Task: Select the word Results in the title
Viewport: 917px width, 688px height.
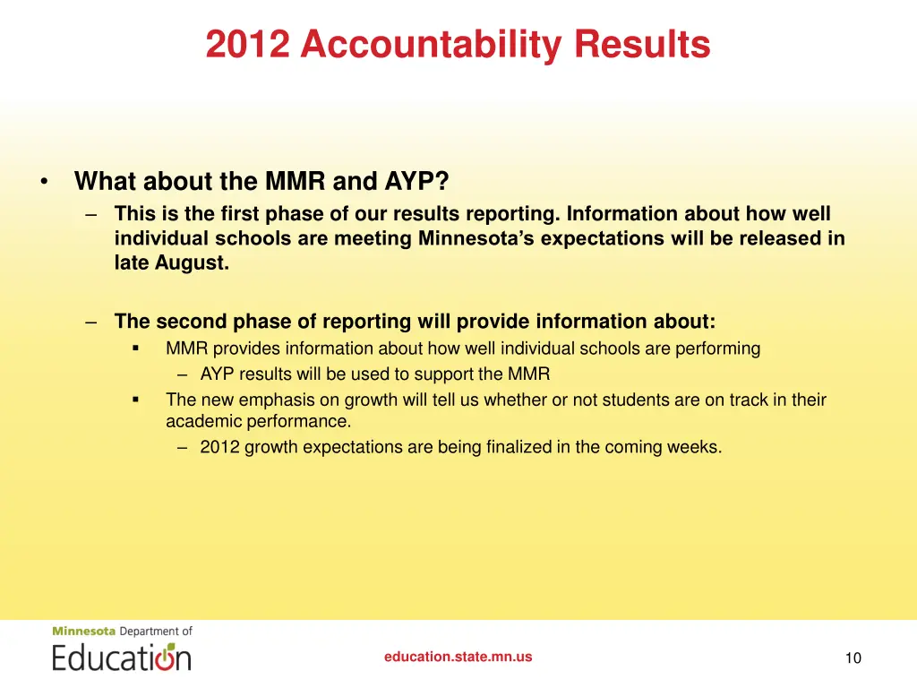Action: click(642, 44)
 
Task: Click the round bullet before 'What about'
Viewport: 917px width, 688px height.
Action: click(44, 182)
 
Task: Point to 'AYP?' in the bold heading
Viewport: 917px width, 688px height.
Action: click(416, 182)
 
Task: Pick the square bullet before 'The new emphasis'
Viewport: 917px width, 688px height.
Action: click(136, 400)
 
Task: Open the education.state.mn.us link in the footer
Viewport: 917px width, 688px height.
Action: click(458, 657)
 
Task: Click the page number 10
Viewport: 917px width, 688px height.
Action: click(853, 658)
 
